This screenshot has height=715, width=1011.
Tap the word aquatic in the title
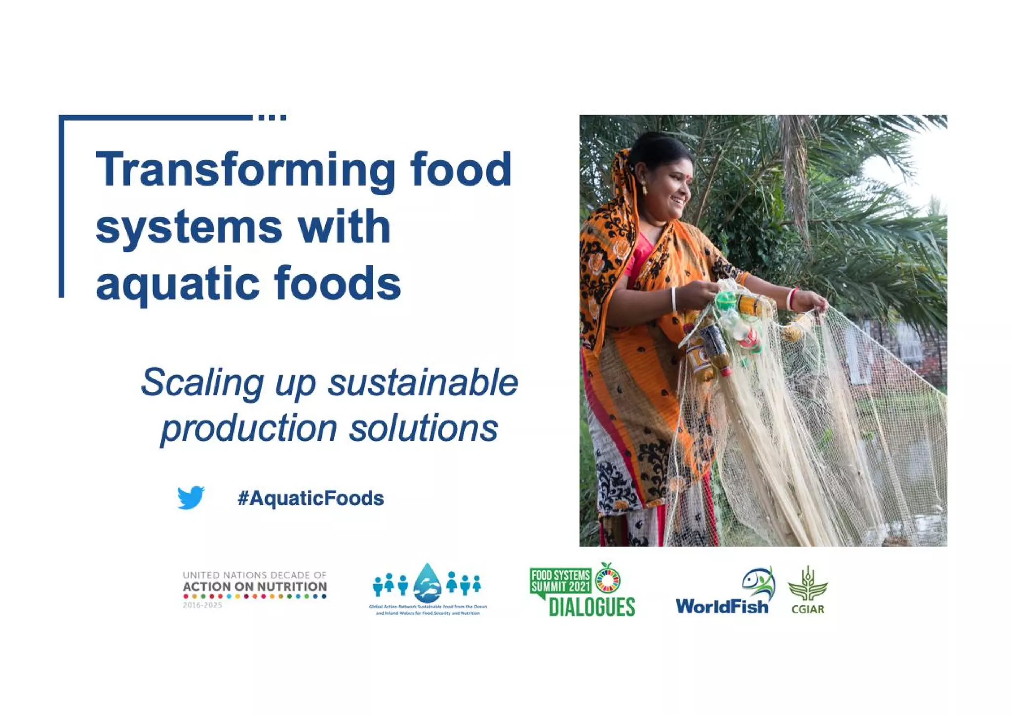tap(178, 284)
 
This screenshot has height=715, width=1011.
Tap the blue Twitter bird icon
tap(191, 497)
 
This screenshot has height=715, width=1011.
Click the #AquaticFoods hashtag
tap(311, 498)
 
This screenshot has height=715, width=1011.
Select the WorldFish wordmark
tap(722, 606)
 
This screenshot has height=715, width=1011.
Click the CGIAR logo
tap(808, 590)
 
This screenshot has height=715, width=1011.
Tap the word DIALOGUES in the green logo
tap(591, 607)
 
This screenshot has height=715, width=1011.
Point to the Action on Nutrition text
tap(254, 587)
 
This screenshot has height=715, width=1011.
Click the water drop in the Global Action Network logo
tap(428, 583)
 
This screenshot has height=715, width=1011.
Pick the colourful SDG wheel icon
tap(608, 580)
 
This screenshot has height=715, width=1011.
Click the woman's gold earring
tap(645, 189)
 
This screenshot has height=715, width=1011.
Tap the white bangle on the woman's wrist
tap(673, 299)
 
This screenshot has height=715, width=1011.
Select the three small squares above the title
tap(272, 118)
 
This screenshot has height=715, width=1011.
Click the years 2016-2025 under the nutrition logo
tap(202, 605)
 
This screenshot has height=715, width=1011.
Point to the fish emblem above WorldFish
tap(758, 583)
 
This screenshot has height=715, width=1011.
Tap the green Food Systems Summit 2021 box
tap(560, 581)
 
